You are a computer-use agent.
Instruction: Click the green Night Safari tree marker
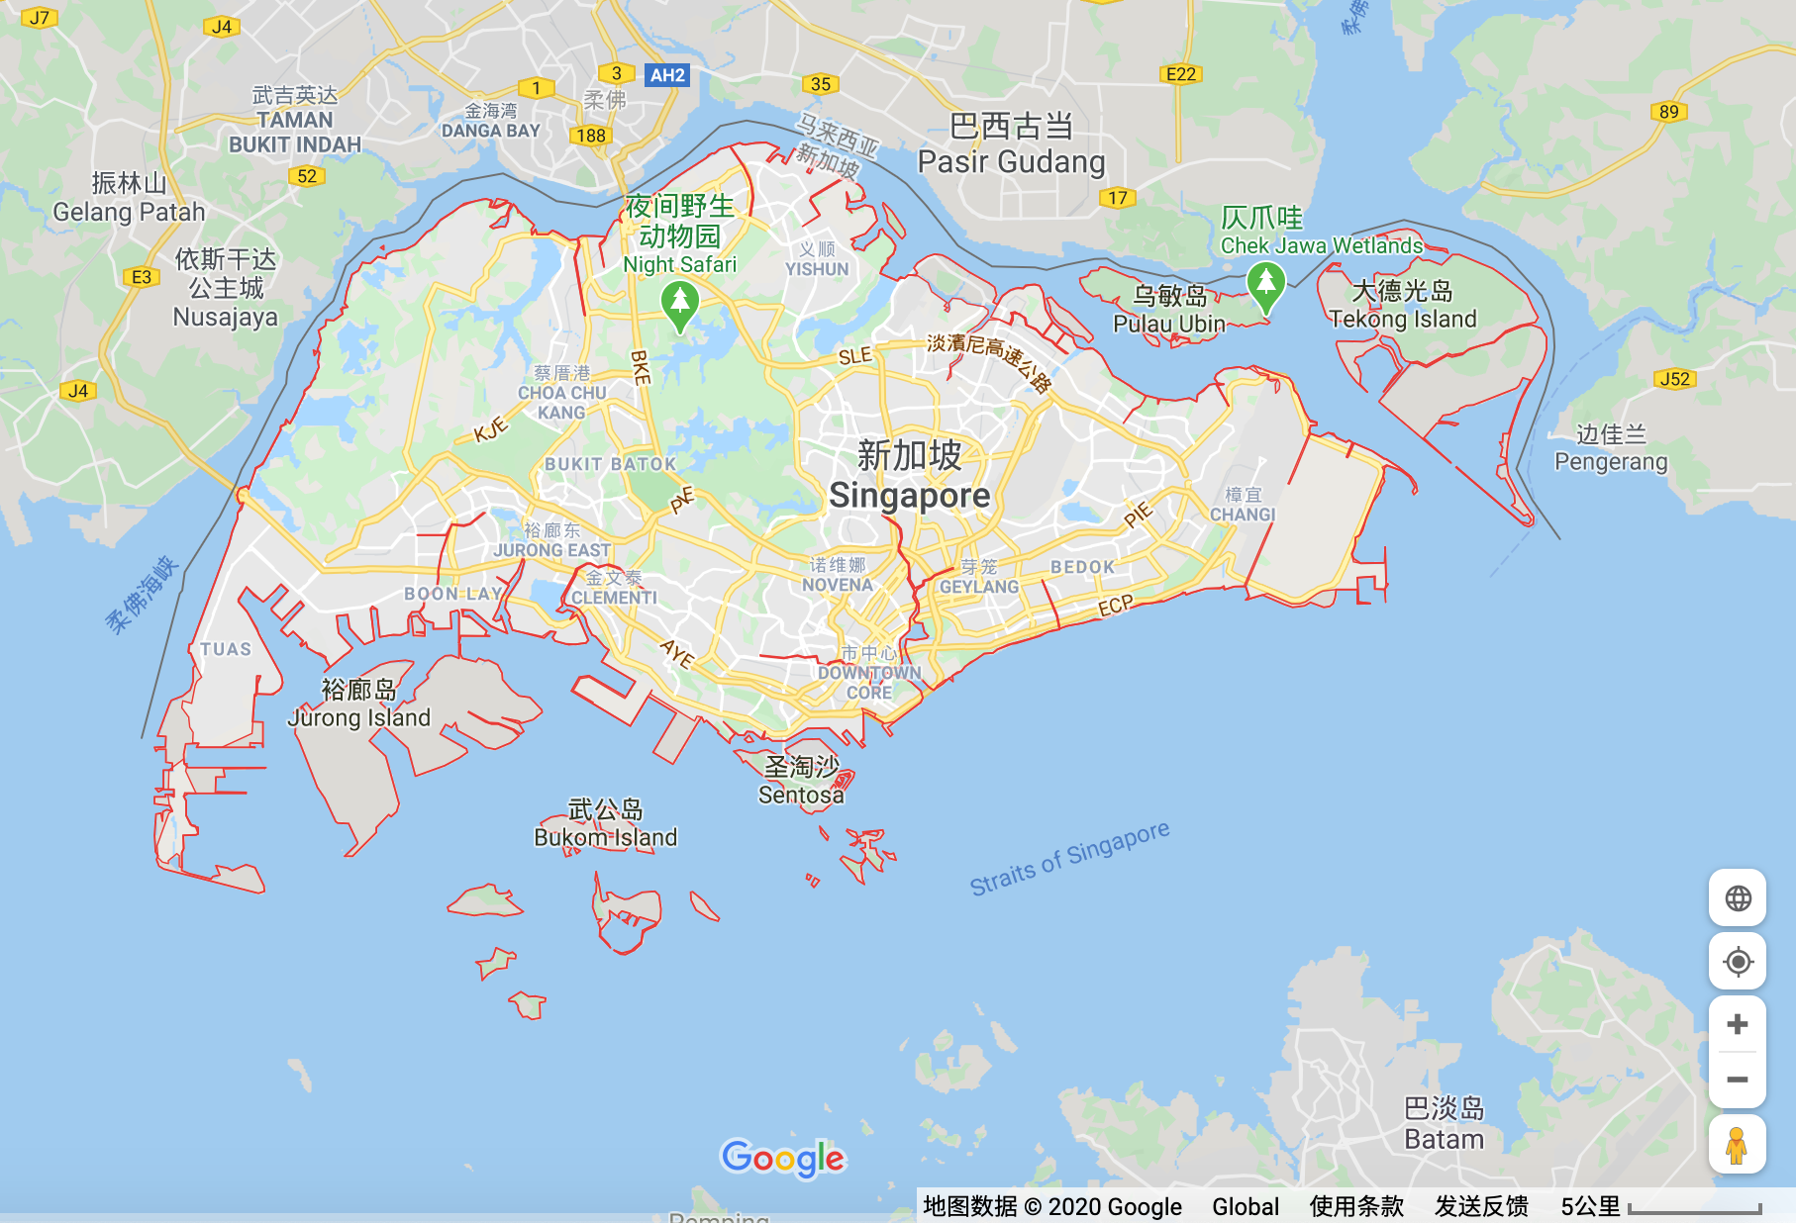679,303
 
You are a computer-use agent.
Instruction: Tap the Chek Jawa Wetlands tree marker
1265,284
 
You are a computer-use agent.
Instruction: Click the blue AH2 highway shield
667,75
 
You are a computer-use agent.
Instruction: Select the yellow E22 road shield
1180,74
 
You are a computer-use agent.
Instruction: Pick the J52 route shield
1674,379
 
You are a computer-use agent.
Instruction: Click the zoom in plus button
1737,1024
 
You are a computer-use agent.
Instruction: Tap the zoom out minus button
1737,1080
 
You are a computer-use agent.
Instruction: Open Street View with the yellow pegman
1737,1145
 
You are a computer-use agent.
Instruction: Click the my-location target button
1737,962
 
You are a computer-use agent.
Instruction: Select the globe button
1737,898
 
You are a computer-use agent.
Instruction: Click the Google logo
783,1158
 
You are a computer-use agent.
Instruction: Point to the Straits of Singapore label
1069,858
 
